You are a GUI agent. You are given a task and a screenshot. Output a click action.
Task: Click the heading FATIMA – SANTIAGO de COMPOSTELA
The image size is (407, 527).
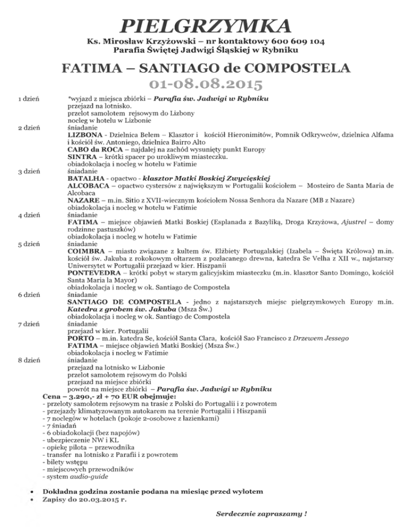click(x=206, y=68)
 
